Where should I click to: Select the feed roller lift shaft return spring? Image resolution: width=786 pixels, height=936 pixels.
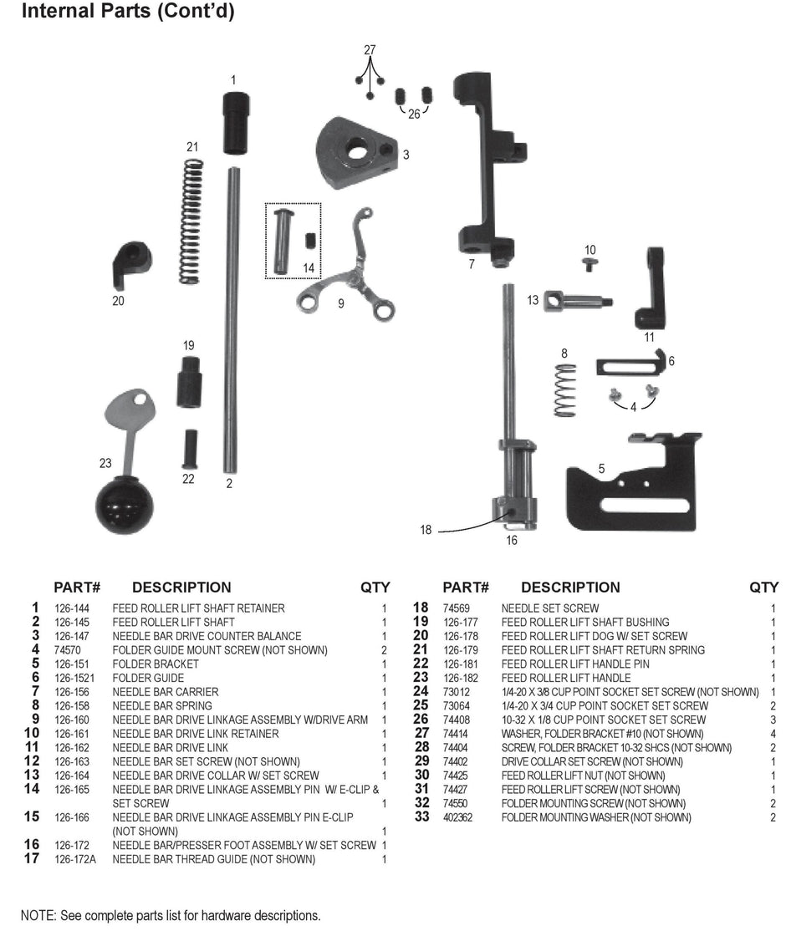pyautogui.click(x=191, y=221)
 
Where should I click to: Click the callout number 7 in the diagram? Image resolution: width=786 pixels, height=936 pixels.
pyautogui.click(x=471, y=264)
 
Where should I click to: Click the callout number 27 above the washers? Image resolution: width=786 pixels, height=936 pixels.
pyautogui.click(x=370, y=50)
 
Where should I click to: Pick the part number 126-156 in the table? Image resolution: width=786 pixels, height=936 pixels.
pyautogui.click(x=72, y=692)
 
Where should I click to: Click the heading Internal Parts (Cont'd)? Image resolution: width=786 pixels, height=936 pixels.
pyautogui.click(x=127, y=13)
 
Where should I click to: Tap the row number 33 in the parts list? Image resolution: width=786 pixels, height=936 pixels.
pyautogui.click(x=421, y=817)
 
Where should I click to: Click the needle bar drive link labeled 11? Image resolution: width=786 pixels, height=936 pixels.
pyautogui.click(x=651, y=288)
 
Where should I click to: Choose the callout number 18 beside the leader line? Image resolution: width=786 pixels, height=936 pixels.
pyautogui.click(x=426, y=530)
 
